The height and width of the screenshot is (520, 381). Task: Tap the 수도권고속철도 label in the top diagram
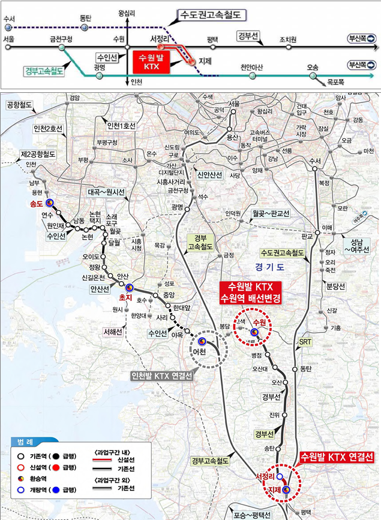click(x=212, y=13)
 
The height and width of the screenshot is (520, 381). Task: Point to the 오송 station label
click(x=313, y=68)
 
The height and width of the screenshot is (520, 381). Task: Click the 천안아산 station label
click(x=251, y=68)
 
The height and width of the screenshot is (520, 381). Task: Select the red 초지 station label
click(x=125, y=297)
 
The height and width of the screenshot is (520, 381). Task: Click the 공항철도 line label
click(x=20, y=105)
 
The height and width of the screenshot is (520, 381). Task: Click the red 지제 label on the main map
click(x=274, y=490)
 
